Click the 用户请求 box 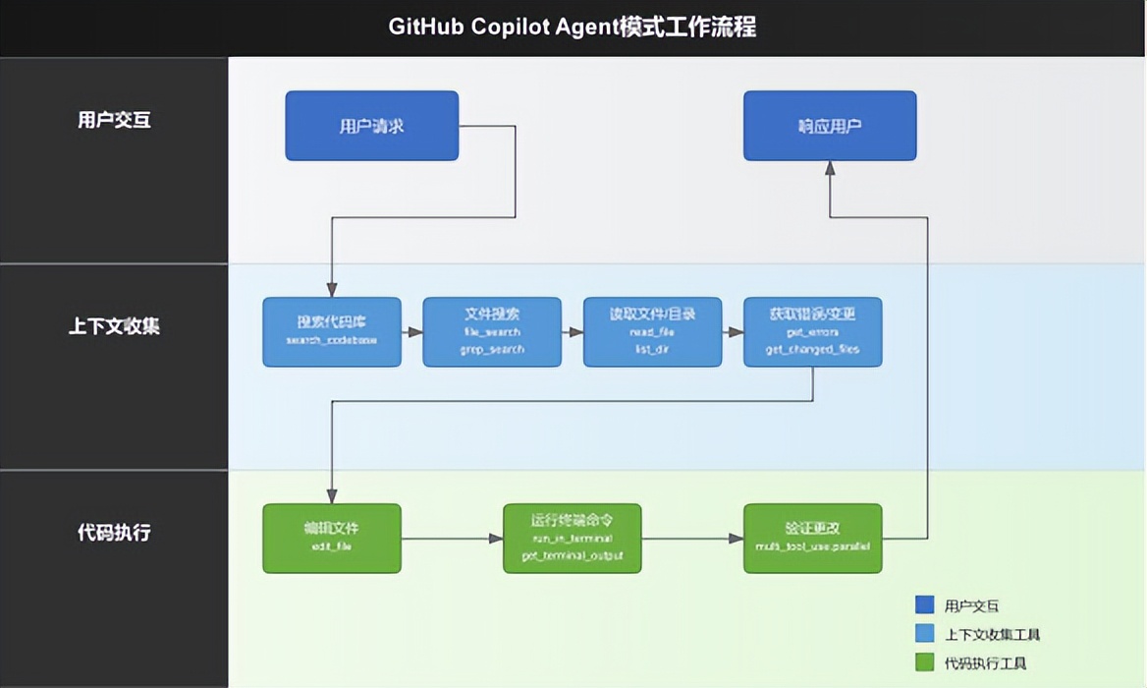point(371,126)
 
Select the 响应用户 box point(830,126)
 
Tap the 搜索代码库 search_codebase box point(332,332)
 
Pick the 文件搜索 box point(492,332)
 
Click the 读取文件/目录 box point(652,332)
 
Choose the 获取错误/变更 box point(812,332)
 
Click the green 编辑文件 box point(332,538)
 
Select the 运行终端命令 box point(572,538)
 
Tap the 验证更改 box point(812,538)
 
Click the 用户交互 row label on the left point(114,121)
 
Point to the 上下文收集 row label point(114,326)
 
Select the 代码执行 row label point(114,533)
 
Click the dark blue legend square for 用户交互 point(924,605)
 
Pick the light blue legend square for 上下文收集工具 point(924,634)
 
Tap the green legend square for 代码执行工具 point(924,662)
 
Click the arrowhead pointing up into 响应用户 point(830,169)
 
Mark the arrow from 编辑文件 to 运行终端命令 point(452,539)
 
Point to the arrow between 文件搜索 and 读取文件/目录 point(573,332)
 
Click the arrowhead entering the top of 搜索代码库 point(332,290)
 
